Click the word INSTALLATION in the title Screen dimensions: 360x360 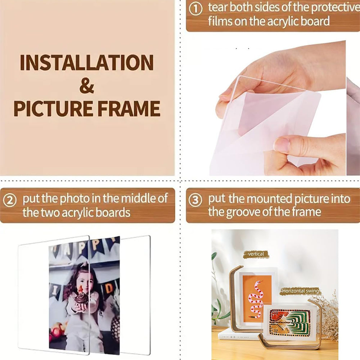tap(87, 63)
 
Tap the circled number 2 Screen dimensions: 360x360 tap(10, 200)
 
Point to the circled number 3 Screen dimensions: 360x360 tap(195, 200)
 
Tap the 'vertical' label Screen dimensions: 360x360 tap(256, 254)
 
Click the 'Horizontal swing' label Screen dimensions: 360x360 tap(300, 291)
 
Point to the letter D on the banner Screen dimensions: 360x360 tap(109, 288)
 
